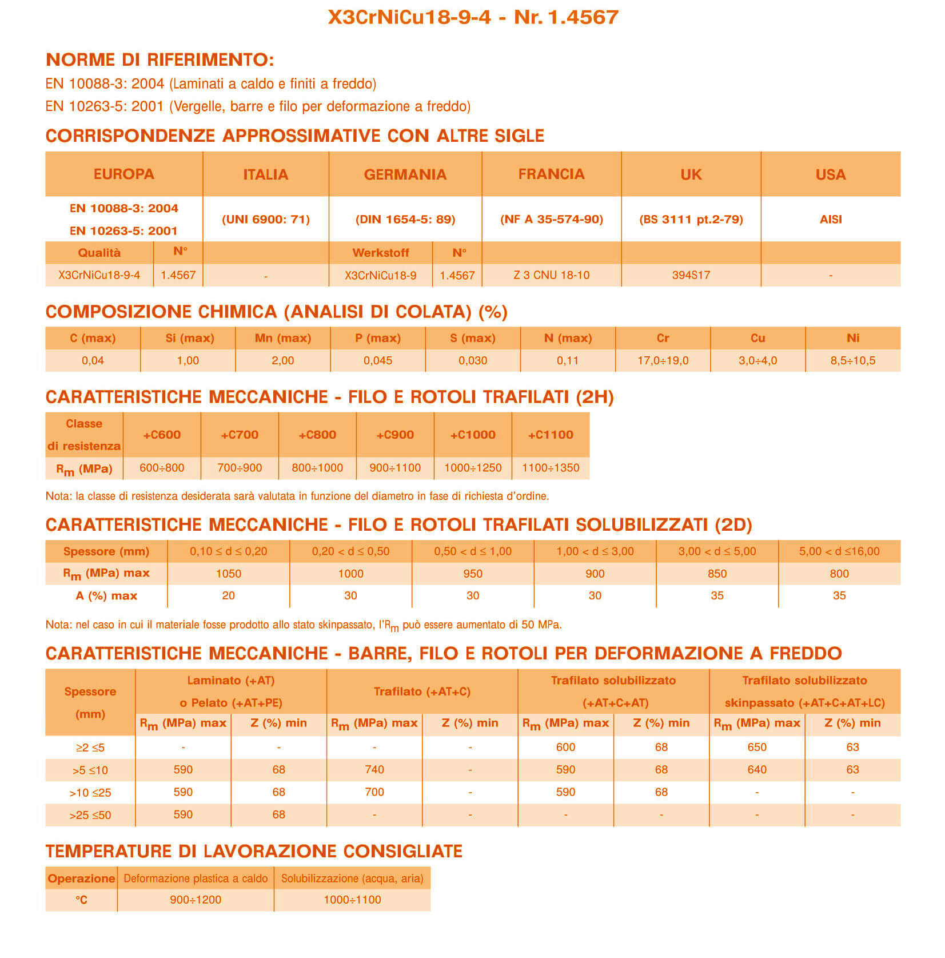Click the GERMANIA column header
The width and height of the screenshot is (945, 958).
pos(405,174)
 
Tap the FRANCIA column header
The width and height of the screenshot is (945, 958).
pos(551,174)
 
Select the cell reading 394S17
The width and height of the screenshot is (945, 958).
pos(691,275)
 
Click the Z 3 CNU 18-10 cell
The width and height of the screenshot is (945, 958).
pos(551,275)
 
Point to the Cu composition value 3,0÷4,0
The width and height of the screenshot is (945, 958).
pos(757,360)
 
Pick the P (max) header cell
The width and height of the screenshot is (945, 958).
pos(377,338)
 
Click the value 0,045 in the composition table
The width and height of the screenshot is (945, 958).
pos(377,360)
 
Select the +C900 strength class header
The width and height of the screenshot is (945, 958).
pos(394,435)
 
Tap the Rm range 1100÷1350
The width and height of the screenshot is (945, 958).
pos(550,468)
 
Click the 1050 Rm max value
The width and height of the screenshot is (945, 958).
pos(228,574)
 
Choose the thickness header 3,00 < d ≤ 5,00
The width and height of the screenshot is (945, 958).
pos(717,551)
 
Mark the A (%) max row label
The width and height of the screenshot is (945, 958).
pos(106,596)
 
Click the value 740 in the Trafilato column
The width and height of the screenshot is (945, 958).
pos(374,770)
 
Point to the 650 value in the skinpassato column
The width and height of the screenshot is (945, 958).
pos(756,747)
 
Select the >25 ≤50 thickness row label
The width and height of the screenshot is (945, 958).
pos(90,815)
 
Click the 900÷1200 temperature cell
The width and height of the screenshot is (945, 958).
pos(195,900)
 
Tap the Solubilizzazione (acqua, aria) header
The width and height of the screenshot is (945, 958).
pos(352,879)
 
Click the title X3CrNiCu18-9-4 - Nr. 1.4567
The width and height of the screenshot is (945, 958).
pos(473,17)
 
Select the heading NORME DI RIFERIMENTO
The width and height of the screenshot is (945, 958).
pos(160,59)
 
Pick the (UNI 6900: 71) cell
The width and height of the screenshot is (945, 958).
pos(265,219)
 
